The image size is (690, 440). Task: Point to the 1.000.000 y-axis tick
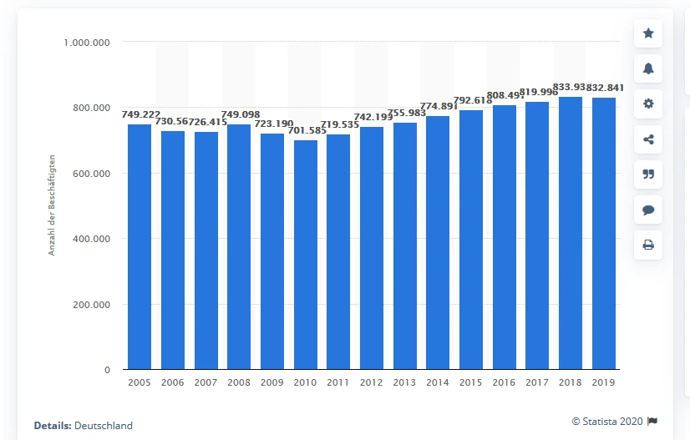coord(87,42)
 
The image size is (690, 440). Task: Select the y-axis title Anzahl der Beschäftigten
coord(52,205)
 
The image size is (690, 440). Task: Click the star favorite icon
coord(647,33)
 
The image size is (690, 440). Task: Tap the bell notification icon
coord(647,69)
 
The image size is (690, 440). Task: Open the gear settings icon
coord(647,104)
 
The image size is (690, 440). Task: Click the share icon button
coord(647,139)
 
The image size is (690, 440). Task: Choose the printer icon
coord(647,245)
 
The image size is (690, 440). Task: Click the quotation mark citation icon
coord(647,174)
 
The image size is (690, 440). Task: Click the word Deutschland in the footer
coord(103,425)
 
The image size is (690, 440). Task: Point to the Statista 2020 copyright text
coord(608,421)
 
